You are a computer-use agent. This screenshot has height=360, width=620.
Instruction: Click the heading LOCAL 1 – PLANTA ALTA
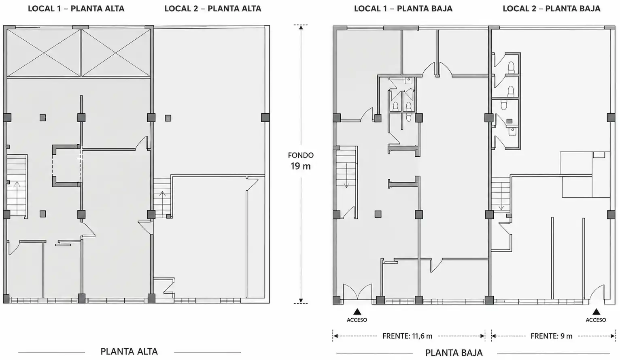point(76,9)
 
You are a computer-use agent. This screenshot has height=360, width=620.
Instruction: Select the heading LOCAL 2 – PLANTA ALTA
point(213,9)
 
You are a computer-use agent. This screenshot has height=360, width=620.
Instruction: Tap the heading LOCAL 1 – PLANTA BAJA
point(403,9)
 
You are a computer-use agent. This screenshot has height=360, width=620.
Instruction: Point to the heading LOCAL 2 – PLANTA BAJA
point(552,9)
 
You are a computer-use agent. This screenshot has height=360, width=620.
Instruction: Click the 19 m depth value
point(301,166)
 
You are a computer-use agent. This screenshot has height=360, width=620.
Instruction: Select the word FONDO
point(301,155)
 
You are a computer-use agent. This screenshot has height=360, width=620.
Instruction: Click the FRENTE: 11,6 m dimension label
point(407,336)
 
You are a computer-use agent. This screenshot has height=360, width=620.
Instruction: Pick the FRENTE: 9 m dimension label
point(551,336)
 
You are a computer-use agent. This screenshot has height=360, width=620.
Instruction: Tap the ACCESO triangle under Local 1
point(357,311)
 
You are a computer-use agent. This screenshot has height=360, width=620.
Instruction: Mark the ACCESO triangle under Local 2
point(596,311)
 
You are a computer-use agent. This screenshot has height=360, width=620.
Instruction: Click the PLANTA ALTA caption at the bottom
point(129,351)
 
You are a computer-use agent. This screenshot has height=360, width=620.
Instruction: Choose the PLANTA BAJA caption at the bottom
point(454,353)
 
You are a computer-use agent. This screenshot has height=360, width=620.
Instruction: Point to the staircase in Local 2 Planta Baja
point(501,194)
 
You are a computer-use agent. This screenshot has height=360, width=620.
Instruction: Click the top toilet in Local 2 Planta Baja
point(511,68)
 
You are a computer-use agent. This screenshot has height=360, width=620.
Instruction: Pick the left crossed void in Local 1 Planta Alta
point(44,53)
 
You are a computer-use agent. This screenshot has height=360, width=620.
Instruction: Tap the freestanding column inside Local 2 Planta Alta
point(168,118)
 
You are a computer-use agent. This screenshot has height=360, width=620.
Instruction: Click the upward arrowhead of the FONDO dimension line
point(301,28)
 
